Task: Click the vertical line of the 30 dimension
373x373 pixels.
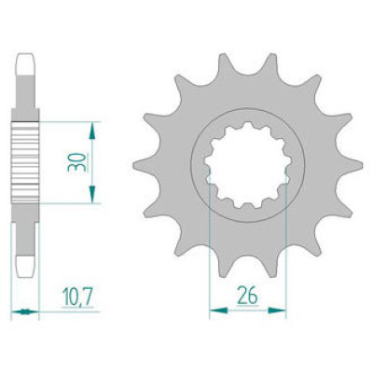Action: [x=91, y=161]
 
